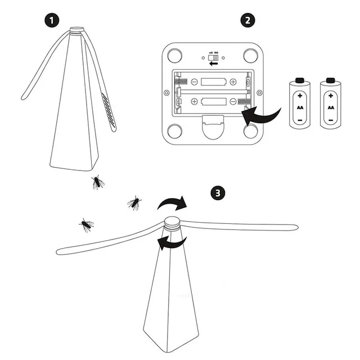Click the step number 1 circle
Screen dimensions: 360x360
tap(52, 20)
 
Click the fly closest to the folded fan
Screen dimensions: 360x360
tap(98, 182)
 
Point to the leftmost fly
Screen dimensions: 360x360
tap(86, 225)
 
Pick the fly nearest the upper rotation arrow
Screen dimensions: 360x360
tap(134, 203)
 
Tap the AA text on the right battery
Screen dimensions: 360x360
tap(331, 107)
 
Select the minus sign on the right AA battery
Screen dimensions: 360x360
tap(331, 120)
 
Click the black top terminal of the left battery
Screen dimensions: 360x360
tap(300, 80)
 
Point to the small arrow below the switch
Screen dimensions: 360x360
tap(214, 64)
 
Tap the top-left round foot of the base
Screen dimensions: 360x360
tap(174, 55)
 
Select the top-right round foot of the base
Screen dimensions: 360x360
tap(251, 55)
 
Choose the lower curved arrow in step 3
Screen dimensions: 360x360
tap(172, 242)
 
